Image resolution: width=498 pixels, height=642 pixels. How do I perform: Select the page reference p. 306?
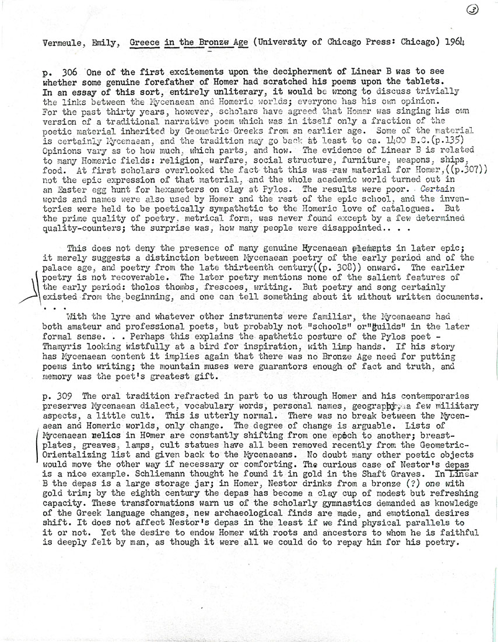point(61,73)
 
